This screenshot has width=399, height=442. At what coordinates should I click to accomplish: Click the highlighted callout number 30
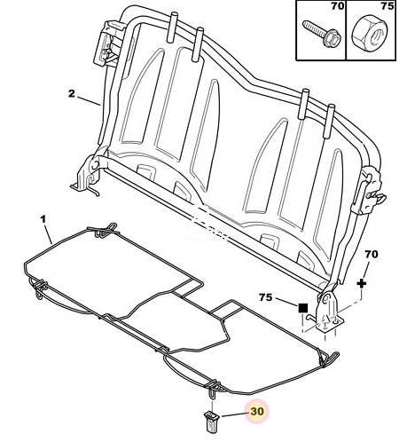pyautogui.click(x=257, y=411)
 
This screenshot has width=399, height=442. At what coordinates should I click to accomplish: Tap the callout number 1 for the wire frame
pyautogui.click(x=43, y=219)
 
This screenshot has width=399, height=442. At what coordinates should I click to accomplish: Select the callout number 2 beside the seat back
pyautogui.click(x=72, y=94)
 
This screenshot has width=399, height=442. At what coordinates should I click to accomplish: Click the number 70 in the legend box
pyautogui.click(x=338, y=6)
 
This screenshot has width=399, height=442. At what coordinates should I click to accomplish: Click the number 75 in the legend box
pyautogui.click(x=387, y=6)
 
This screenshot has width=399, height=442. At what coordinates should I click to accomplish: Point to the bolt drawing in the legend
pyautogui.click(x=321, y=35)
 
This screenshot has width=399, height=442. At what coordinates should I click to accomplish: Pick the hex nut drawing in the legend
pyautogui.click(x=370, y=32)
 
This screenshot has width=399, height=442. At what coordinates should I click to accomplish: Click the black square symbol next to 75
pyautogui.click(x=303, y=308)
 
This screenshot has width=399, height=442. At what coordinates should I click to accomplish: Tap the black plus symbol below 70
pyautogui.click(x=362, y=283)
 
